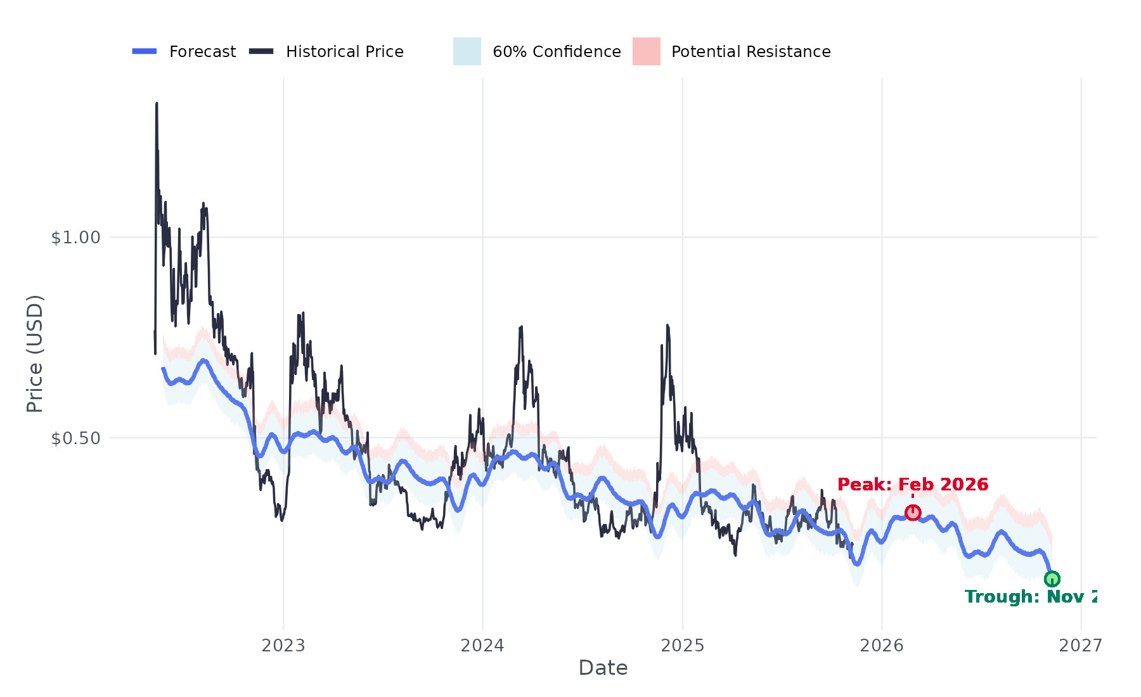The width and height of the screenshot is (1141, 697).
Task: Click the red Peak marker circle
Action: coord(912,512)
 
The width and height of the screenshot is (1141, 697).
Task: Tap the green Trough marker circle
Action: coord(1052,579)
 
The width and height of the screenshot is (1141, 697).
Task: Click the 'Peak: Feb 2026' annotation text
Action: coord(912,485)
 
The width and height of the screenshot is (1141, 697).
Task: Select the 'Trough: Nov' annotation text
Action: coord(1031,597)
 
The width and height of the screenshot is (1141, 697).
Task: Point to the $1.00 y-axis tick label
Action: coord(75,238)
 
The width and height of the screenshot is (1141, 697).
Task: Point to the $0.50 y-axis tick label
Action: coord(75,438)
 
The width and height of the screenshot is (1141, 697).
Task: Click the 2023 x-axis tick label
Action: coord(283,646)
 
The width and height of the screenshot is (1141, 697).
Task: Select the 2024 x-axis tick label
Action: coord(482,646)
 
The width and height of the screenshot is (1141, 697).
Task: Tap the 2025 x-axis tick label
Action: coord(682,646)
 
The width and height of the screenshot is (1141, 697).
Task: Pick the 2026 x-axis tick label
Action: coord(881,646)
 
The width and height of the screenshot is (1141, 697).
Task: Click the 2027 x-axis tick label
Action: coord(1080,646)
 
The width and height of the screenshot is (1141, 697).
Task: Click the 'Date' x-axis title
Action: coord(603,668)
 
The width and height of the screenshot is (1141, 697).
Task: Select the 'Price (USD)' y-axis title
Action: coord(35,354)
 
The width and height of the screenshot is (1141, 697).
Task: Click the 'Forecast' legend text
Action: coord(202,52)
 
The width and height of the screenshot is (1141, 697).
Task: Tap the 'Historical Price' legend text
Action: coord(344,52)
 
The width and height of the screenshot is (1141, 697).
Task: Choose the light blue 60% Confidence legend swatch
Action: coord(467,51)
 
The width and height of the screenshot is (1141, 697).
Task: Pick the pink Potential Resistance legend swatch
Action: coord(646,51)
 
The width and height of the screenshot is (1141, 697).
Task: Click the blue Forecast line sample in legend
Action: coord(145,51)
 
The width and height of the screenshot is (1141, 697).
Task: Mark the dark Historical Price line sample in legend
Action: coord(261,51)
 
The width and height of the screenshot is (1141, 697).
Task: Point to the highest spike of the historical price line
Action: coord(157,104)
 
